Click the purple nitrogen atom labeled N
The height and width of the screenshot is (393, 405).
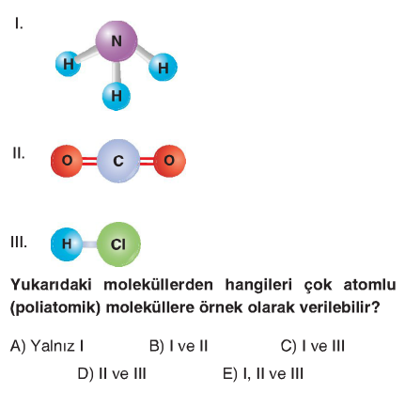[x=117, y=41]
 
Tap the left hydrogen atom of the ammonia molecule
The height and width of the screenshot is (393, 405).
[x=69, y=64]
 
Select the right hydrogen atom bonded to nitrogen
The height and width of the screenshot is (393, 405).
[x=163, y=68]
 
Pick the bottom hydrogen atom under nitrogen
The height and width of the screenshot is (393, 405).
[x=117, y=96]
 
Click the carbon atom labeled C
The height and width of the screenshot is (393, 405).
[x=118, y=161]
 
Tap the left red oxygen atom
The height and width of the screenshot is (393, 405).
[x=67, y=161]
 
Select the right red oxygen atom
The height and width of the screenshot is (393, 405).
[x=169, y=161]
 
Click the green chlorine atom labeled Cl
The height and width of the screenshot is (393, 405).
[x=118, y=244]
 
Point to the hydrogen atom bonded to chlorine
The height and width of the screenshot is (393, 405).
[x=67, y=244]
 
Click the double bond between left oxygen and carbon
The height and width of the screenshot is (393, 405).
[x=90, y=161]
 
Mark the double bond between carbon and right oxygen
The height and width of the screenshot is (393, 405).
[x=147, y=161]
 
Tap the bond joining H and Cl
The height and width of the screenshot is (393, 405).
[x=89, y=244]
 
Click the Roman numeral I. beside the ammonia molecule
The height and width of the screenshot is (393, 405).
[x=19, y=24]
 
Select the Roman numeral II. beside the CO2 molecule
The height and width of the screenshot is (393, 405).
[x=19, y=153]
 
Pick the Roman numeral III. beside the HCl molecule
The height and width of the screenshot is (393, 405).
[x=19, y=243]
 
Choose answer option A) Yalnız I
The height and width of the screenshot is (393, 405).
[x=47, y=346]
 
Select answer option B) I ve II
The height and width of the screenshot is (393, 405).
[x=179, y=346]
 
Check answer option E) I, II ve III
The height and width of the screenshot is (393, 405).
[x=263, y=373]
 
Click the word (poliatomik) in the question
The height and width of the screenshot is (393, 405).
[x=55, y=307]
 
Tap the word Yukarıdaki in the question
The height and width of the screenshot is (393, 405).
[x=51, y=285]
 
